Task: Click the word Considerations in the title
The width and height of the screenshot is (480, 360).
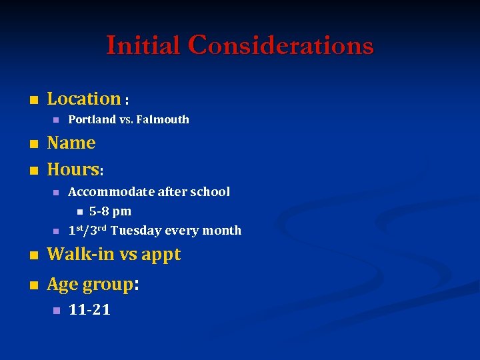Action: click(x=281, y=45)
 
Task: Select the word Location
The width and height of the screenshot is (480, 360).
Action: click(x=84, y=99)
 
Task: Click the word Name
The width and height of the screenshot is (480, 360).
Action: click(x=71, y=143)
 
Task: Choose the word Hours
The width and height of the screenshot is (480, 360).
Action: click(x=73, y=169)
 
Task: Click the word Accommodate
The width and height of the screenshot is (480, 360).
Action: click(x=111, y=192)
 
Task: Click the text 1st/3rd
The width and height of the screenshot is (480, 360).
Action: click(x=88, y=230)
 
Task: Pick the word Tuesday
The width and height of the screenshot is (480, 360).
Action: click(x=136, y=231)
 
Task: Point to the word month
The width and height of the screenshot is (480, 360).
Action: click(x=221, y=231)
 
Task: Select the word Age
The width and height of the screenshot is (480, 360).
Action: click(x=63, y=285)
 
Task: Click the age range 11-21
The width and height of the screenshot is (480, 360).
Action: click(x=89, y=310)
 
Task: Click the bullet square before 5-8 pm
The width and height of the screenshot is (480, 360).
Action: click(x=79, y=212)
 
